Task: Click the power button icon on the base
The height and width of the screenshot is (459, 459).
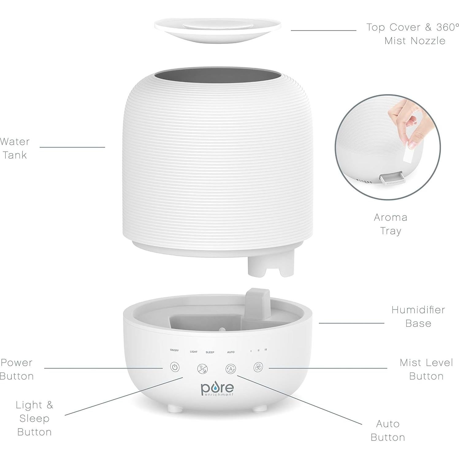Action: tap(175, 367)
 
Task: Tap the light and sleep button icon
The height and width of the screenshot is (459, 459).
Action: tap(202, 368)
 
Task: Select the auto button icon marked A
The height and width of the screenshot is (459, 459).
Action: tap(231, 369)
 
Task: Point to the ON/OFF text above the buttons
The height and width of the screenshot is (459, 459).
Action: tap(174, 350)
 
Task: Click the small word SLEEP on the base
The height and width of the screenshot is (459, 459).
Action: tap(210, 352)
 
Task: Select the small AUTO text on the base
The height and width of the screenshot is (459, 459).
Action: tap(231, 352)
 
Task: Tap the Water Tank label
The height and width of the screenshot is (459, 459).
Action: tap(15, 148)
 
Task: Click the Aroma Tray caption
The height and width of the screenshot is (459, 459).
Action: tap(391, 224)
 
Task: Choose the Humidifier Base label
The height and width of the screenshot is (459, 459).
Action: tap(418, 316)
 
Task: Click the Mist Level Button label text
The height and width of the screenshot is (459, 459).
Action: tap(426, 369)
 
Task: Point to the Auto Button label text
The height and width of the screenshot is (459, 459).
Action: tap(388, 430)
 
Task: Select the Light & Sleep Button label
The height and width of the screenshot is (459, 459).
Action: tap(34, 418)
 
